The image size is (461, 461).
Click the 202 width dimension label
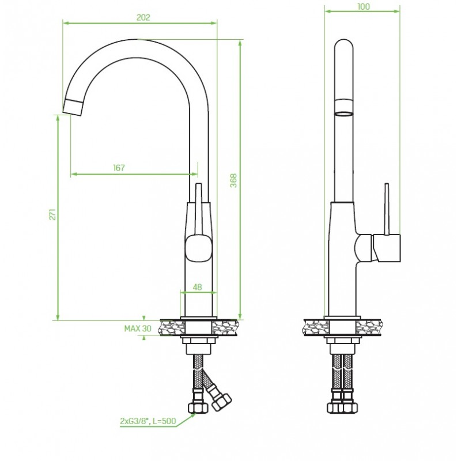click(x=143, y=17)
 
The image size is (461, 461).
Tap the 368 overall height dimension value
click(x=233, y=180)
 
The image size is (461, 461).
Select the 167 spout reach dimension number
click(x=119, y=168)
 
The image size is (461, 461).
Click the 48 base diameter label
click(x=198, y=286)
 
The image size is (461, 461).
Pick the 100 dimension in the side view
click(x=364, y=6)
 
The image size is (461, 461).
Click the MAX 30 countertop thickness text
click(x=138, y=328)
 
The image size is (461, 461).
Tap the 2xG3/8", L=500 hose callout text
click(x=148, y=421)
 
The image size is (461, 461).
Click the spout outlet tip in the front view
click(x=73, y=107)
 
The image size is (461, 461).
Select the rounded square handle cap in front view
click(x=199, y=248)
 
